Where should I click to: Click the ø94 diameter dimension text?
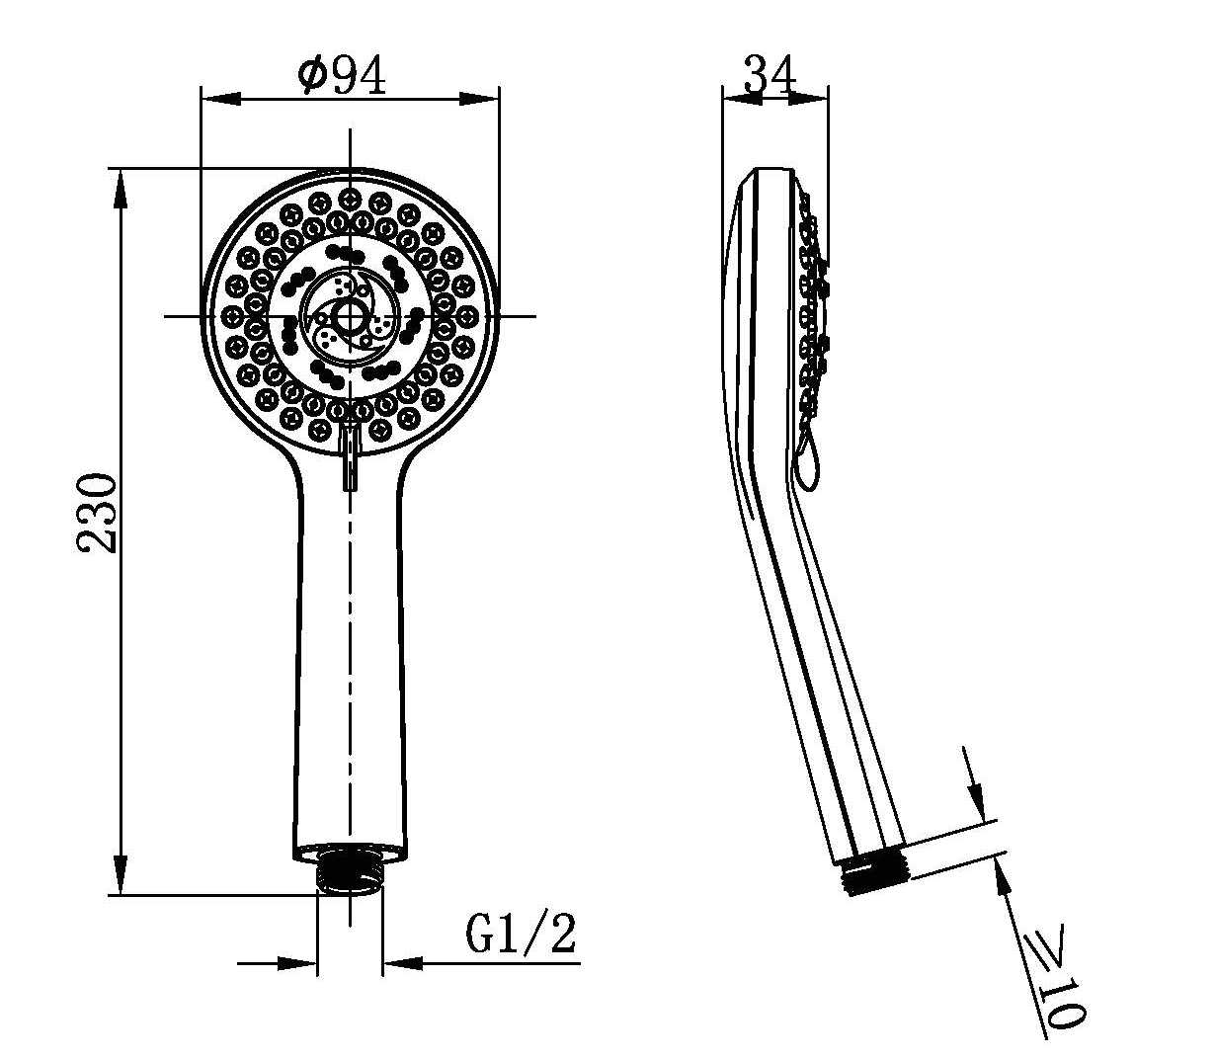(342, 77)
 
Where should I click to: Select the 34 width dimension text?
(770, 75)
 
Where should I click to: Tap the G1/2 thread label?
(520, 934)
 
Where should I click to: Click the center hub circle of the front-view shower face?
(349, 316)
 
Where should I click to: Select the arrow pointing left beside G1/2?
(403, 961)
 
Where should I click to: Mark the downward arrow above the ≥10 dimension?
(975, 796)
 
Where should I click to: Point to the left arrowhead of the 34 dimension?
(737, 97)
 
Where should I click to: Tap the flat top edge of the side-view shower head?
(774, 169)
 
